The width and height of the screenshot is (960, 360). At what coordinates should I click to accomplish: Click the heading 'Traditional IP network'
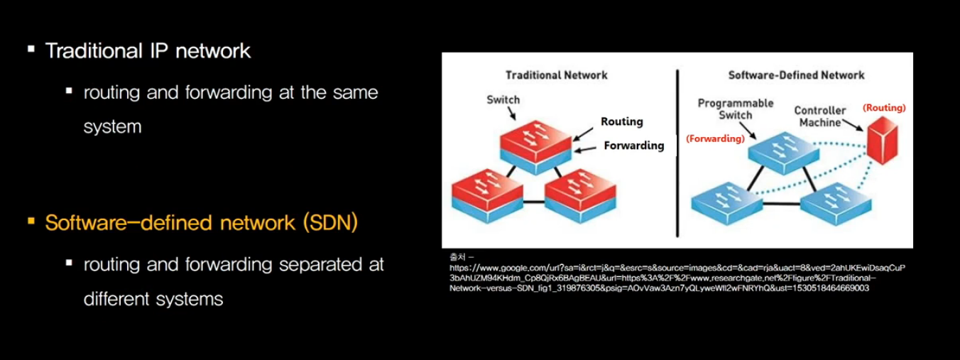pos(148,51)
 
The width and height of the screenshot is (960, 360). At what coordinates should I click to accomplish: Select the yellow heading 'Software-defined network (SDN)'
pos(201,222)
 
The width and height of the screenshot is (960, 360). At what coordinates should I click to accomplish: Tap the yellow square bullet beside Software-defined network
pos(31,222)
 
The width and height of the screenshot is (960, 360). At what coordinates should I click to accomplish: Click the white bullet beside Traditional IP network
pos(31,50)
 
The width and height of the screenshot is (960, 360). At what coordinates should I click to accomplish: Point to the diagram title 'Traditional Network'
pos(556,75)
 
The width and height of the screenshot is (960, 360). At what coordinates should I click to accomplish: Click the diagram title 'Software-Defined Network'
pos(796,75)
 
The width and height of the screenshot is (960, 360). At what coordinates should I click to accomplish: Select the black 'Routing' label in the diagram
pos(621,121)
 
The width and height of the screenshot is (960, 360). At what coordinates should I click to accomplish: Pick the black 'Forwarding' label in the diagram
pos(633,146)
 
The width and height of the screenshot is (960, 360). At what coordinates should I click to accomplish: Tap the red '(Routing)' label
pos(884,108)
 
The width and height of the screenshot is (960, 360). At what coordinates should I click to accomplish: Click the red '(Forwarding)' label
pos(715,139)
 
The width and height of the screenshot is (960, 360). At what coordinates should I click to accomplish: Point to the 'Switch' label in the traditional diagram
pos(503,100)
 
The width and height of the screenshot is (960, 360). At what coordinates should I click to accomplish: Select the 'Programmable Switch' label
pos(735,109)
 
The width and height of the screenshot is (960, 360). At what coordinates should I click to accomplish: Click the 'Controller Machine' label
pos(819,116)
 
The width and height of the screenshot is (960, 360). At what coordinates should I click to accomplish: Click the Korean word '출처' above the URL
pos(455,256)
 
